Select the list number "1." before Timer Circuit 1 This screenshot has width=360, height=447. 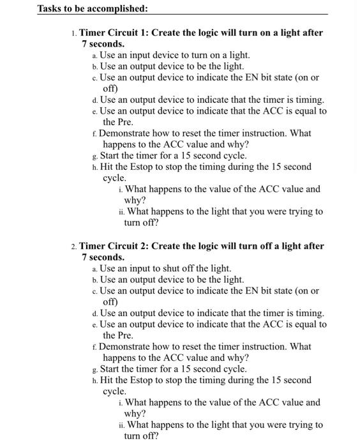[x=74, y=33]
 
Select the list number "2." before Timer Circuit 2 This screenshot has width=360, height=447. [x=74, y=246]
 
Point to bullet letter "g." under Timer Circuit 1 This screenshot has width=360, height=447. [x=95, y=156]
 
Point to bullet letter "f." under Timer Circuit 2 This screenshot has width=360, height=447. [x=94, y=347]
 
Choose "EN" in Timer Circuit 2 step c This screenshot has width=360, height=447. [x=250, y=291]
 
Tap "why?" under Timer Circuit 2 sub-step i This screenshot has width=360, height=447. [x=135, y=413]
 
